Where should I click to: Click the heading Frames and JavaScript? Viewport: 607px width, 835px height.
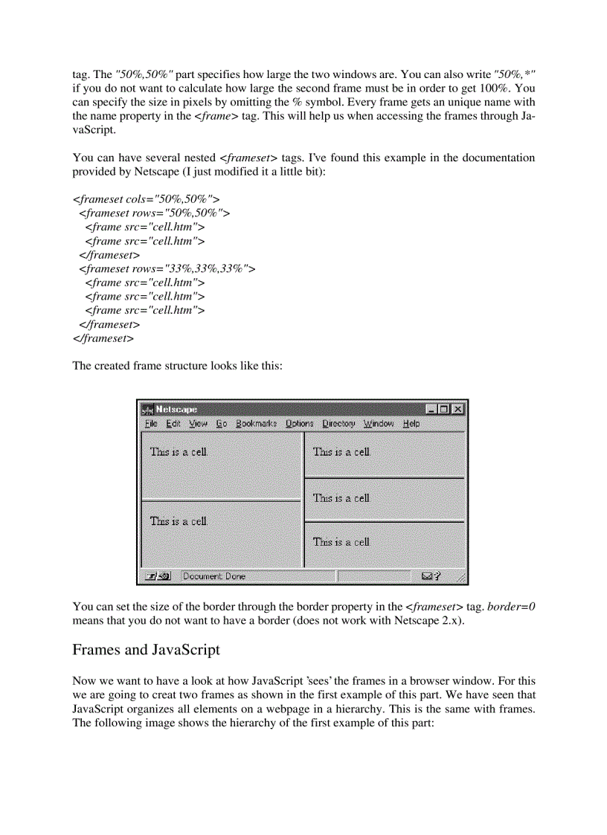click(x=146, y=650)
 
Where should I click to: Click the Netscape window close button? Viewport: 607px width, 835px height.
click(x=458, y=409)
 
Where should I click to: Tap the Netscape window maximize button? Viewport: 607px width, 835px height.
click(x=445, y=409)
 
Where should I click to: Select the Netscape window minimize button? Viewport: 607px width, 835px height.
click(x=431, y=409)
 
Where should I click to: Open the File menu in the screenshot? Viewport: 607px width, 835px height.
click(x=151, y=424)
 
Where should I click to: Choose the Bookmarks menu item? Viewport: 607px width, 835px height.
click(x=256, y=424)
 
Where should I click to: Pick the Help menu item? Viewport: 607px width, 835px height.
click(x=411, y=424)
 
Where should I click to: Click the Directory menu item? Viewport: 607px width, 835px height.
click(x=338, y=424)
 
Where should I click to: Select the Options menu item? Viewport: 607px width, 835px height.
click(x=300, y=424)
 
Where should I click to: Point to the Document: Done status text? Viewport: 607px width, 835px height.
click(x=213, y=576)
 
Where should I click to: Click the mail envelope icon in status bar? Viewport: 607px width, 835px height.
click(x=427, y=576)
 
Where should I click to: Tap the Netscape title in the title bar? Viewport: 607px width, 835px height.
click(x=176, y=409)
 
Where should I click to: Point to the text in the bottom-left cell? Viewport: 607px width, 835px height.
click(x=179, y=521)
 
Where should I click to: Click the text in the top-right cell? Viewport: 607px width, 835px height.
click(x=341, y=451)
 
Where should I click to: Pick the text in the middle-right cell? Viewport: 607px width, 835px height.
click(x=341, y=498)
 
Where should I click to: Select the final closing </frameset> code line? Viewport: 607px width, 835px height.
click(x=103, y=338)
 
